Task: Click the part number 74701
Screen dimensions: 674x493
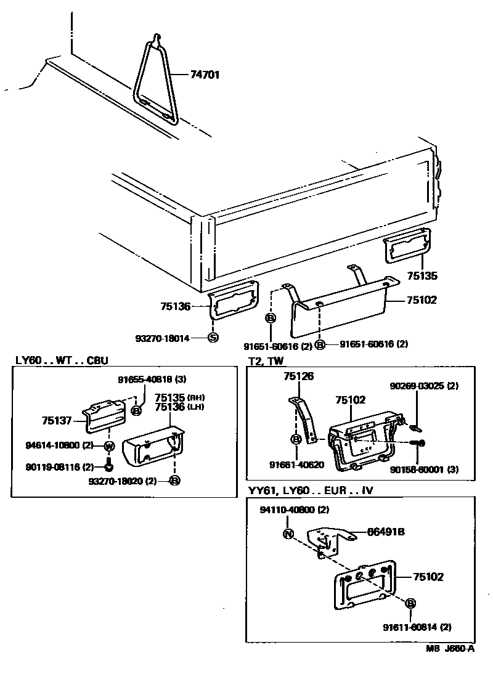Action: click(x=204, y=75)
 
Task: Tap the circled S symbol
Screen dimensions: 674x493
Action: click(x=213, y=338)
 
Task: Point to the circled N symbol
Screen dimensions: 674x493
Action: click(x=287, y=534)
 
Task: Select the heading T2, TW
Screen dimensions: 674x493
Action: click(x=266, y=360)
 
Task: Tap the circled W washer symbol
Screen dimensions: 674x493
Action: click(x=109, y=446)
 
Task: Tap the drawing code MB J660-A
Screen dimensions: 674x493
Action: click(x=450, y=648)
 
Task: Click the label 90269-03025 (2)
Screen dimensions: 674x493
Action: click(x=425, y=386)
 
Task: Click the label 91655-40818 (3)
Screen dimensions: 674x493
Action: click(x=152, y=380)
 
